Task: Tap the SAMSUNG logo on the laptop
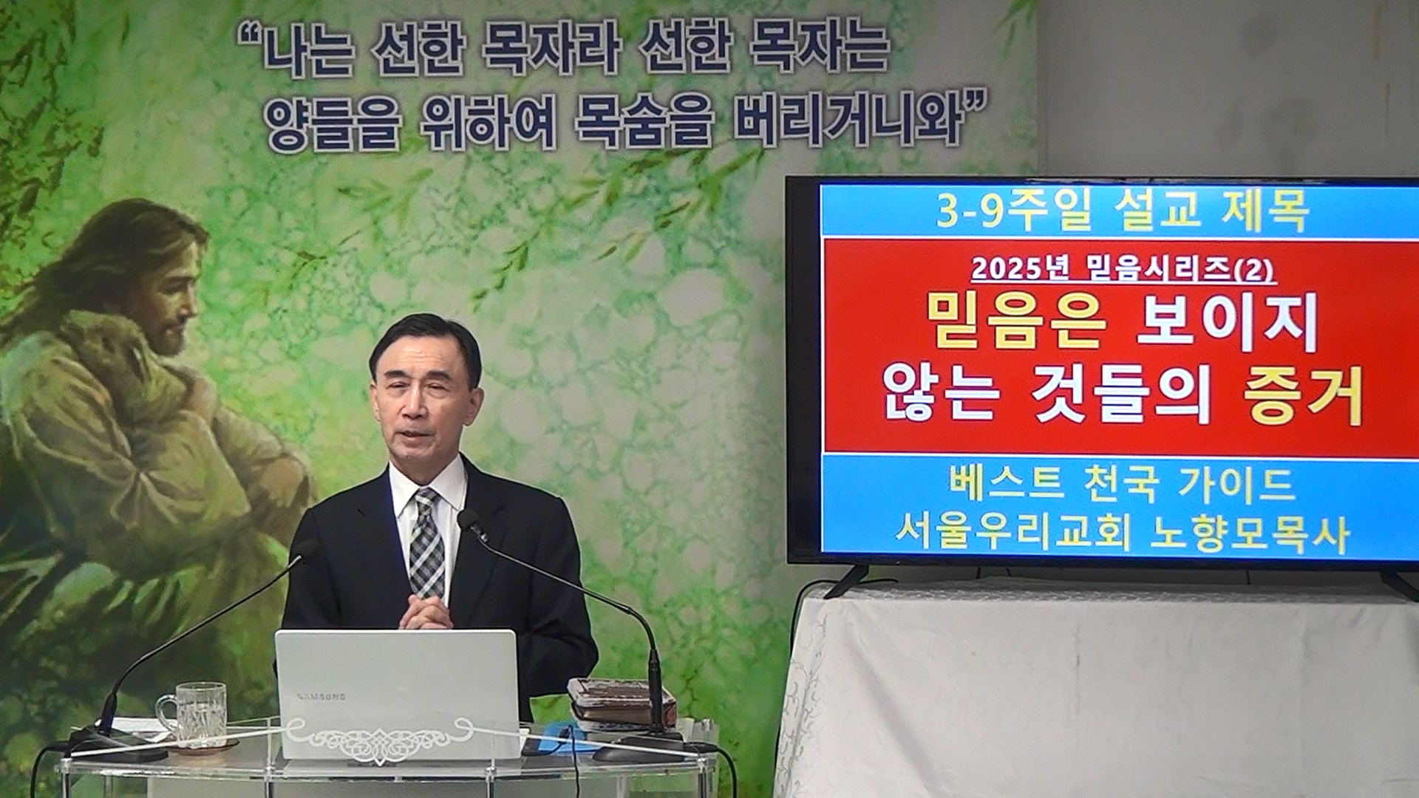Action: pyautogui.click(x=321, y=696)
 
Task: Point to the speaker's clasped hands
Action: pyautogui.click(x=424, y=613)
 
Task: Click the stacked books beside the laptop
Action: pyautogui.click(x=620, y=701)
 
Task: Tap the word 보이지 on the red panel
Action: pyautogui.click(x=1228, y=322)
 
